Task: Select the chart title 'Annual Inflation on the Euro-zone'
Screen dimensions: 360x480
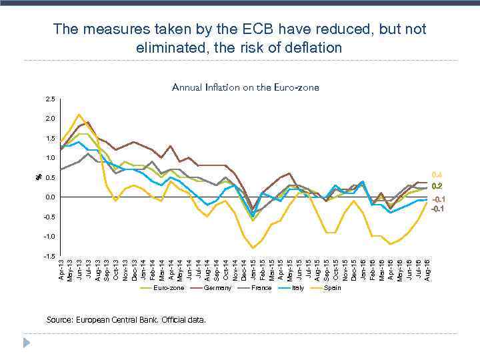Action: click(x=245, y=87)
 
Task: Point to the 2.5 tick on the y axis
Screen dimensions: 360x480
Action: click(x=51, y=99)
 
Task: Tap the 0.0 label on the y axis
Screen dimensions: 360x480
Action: click(x=51, y=197)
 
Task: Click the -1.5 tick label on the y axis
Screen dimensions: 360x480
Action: click(x=50, y=256)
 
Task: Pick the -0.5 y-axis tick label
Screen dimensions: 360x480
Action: click(x=50, y=217)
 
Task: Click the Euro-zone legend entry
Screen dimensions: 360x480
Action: click(x=168, y=288)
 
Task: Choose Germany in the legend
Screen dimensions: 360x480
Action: click(x=217, y=288)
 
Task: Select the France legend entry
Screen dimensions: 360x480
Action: click(x=261, y=288)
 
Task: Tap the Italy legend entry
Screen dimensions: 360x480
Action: click(x=298, y=288)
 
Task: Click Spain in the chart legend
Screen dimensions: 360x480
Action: click(x=332, y=288)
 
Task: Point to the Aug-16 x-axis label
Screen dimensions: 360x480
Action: click(x=427, y=269)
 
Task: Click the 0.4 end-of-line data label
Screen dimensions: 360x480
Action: click(x=437, y=175)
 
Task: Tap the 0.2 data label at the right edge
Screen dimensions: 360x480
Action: click(x=437, y=186)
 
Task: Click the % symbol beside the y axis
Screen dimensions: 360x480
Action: click(x=39, y=177)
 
